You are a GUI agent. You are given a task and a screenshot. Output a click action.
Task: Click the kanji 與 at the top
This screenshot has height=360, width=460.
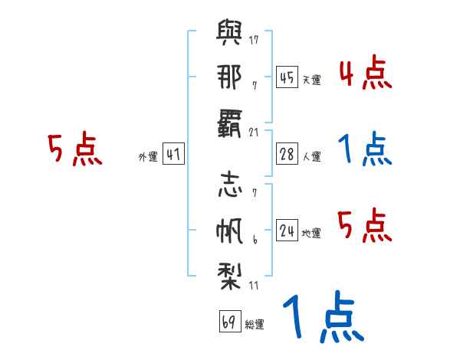point(229,32)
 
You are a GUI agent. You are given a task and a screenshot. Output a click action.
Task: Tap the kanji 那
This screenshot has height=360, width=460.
point(229,77)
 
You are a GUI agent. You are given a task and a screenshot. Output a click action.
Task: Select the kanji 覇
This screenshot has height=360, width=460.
point(229,123)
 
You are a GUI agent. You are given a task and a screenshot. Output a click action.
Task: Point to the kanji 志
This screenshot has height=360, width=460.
point(230,185)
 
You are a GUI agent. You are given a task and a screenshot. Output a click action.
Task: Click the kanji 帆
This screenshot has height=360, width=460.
point(229,231)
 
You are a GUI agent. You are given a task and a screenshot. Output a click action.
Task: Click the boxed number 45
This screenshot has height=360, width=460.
point(287,77)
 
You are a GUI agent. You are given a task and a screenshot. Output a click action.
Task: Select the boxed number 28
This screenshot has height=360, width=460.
point(287,154)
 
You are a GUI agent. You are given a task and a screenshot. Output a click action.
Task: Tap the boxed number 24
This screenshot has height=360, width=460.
point(287,230)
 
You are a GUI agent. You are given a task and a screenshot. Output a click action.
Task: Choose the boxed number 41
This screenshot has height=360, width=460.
point(173,154)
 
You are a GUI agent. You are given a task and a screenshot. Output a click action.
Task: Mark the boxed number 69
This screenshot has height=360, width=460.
point(230,321)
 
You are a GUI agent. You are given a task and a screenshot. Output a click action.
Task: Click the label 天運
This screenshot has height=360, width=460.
point(312,80)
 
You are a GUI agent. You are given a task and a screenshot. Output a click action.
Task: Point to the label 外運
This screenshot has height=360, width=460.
point(148,156)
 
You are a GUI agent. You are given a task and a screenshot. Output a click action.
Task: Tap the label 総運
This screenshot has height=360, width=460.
point(255,324)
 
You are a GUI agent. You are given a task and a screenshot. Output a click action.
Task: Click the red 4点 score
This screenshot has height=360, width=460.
point(366,73)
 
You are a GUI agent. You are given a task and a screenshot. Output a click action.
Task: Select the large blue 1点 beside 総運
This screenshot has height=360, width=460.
point(324,316)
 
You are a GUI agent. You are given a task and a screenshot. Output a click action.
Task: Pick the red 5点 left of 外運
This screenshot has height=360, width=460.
point(75,149)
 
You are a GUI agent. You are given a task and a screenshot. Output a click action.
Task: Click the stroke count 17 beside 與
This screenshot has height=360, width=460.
point(254,40)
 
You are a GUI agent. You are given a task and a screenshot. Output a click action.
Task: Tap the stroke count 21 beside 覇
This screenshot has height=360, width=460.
point(254,133)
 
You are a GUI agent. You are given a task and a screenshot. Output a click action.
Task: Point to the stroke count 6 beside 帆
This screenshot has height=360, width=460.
point(255,240)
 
